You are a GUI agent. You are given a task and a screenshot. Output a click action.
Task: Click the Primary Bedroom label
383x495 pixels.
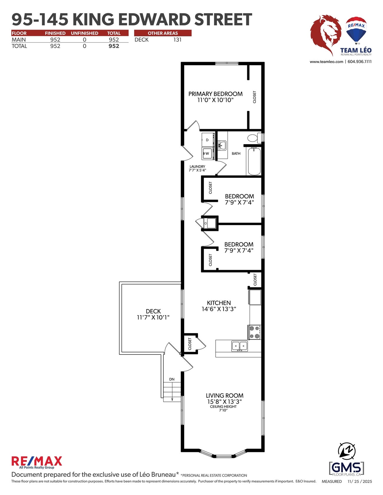(x=215, y=94)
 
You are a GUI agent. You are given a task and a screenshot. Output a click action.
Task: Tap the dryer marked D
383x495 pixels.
(x=207, y=140)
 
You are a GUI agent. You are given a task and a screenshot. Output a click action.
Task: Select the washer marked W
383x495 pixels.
(x=207, y=153)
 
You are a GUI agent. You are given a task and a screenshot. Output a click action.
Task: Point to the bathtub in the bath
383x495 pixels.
(x=254, y=161)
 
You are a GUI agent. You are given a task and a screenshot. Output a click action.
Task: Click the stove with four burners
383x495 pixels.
(x=254, y=332)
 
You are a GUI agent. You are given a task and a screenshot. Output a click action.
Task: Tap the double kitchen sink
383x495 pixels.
(x=240, y=346)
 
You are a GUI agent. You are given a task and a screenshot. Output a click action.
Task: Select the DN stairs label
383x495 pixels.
(x=172, y=379)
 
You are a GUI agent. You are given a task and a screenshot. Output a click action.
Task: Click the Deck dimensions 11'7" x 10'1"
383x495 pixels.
(x=153, y=317)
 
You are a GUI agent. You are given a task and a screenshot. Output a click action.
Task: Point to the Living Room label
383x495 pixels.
(x=224, y=396)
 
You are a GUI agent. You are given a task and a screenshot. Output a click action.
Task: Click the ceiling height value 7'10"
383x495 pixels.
(x=223, y=410)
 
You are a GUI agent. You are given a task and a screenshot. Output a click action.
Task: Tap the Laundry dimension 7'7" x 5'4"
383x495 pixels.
(x=197, y=170)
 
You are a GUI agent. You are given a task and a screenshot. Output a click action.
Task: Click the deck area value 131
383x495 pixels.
(x=177, y=40)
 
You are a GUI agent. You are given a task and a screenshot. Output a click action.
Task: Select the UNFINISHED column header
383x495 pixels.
(x=84, y=33)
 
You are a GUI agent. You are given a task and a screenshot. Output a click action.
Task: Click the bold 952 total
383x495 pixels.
(x=114, y=46)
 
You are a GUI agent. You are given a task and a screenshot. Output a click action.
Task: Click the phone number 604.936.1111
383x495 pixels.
(x=359, y=61)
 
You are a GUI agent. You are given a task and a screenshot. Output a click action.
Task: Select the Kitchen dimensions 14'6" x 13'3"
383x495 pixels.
(x=219, y=309)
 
